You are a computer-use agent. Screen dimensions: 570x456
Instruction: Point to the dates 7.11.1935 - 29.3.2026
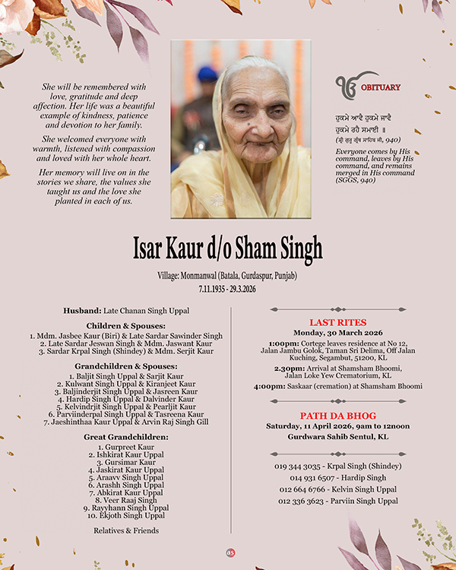228,290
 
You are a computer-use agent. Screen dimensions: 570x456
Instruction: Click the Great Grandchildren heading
126,437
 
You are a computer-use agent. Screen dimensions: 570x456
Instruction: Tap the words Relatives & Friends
126,530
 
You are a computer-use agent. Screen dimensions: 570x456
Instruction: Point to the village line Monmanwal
228,276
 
